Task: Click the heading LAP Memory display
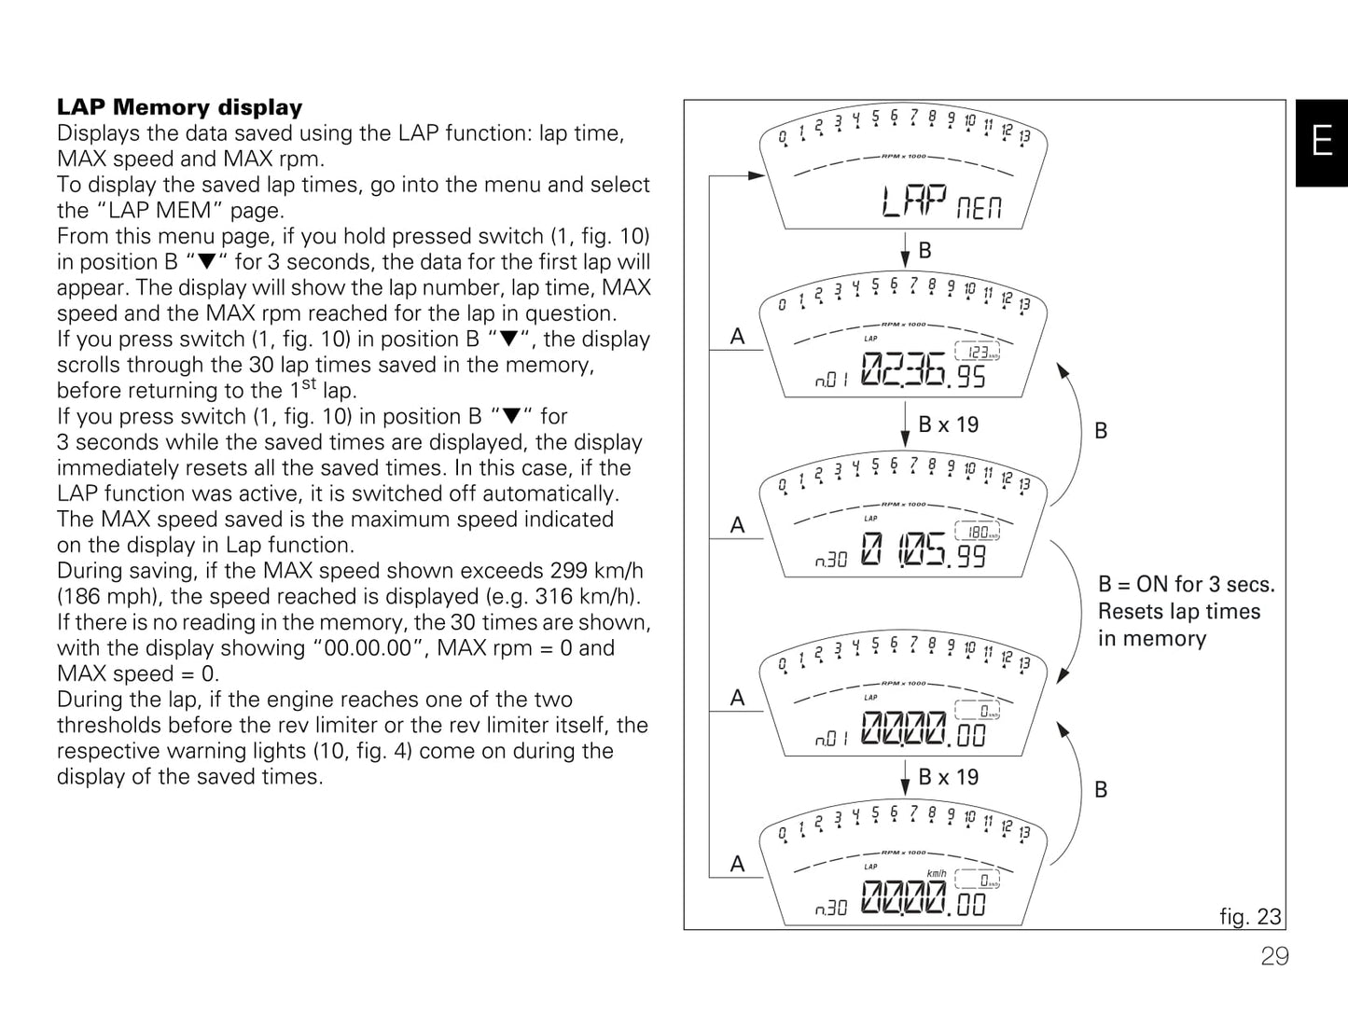[x=180, y=107]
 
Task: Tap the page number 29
[x=1274, y=956]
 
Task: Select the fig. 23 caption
[x=1250, y=916]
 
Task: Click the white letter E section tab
[x=1321, y=142]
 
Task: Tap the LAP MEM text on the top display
[x=941, y=201]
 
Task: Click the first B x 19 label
[x=948, y=424]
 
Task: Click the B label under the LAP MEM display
[x=924, y=250]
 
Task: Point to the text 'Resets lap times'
[x=1178, y=611]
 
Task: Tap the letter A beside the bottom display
[x=738, y=864]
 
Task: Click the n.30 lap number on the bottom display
[x=831, y=908]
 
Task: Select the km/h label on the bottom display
[x=936, y=874]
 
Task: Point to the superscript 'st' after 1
[x=309, y=383]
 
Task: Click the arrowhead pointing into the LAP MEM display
[x=757, y=174]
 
